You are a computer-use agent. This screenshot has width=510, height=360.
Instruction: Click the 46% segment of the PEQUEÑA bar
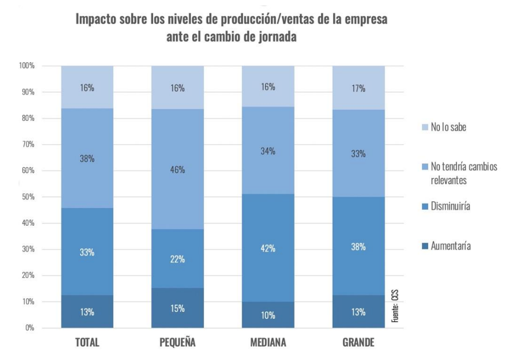pyautogui.click(x=177, y=169)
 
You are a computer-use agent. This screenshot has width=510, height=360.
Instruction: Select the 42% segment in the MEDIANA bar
pyautogui.click(x=268, y=248)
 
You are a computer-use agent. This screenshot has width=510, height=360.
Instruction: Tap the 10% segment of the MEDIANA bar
pyautogui.click(x=268, y=315)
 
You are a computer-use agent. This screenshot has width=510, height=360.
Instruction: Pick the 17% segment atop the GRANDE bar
pyautogui.click(x=358, y=88)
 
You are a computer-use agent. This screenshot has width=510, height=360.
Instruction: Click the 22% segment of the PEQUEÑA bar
pyautogui.click(x=177, y=259)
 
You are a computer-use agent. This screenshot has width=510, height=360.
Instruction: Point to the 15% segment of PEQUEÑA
pyautogui.click(x=177, y=308)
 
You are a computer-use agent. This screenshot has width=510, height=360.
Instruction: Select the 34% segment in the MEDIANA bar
pyautogui.click(x=268, y=151)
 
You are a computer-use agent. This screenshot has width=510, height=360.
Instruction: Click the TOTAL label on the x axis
pyautogui.click(x=87, y=343)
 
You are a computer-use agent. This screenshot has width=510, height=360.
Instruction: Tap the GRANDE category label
pyautogui.click(x=358, y=343)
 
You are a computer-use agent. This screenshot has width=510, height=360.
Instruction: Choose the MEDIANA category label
pyautogui.click(x=268, y=343)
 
